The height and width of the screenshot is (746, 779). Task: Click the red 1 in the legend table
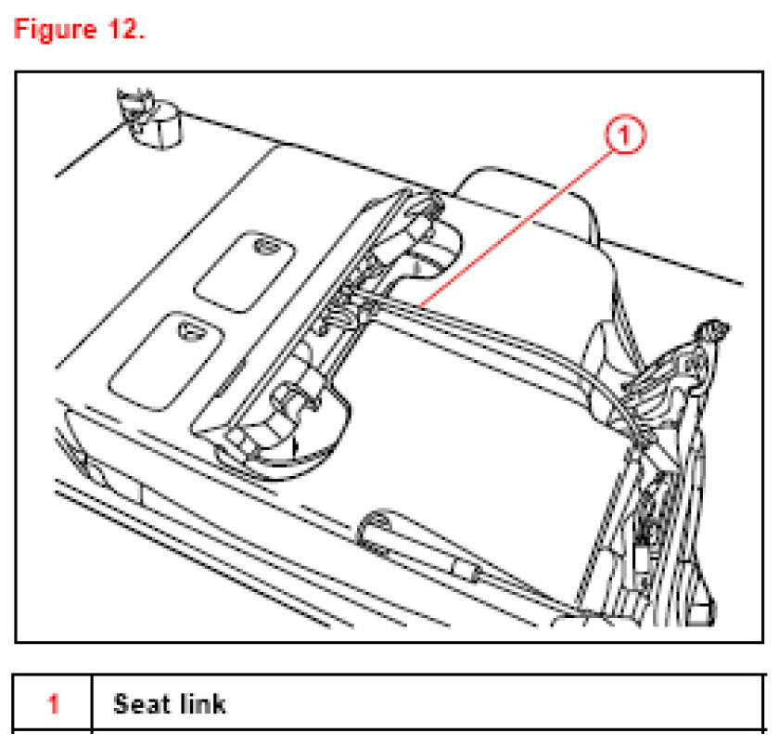(54, 704)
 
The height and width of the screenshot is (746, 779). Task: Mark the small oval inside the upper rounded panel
(266, 246)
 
